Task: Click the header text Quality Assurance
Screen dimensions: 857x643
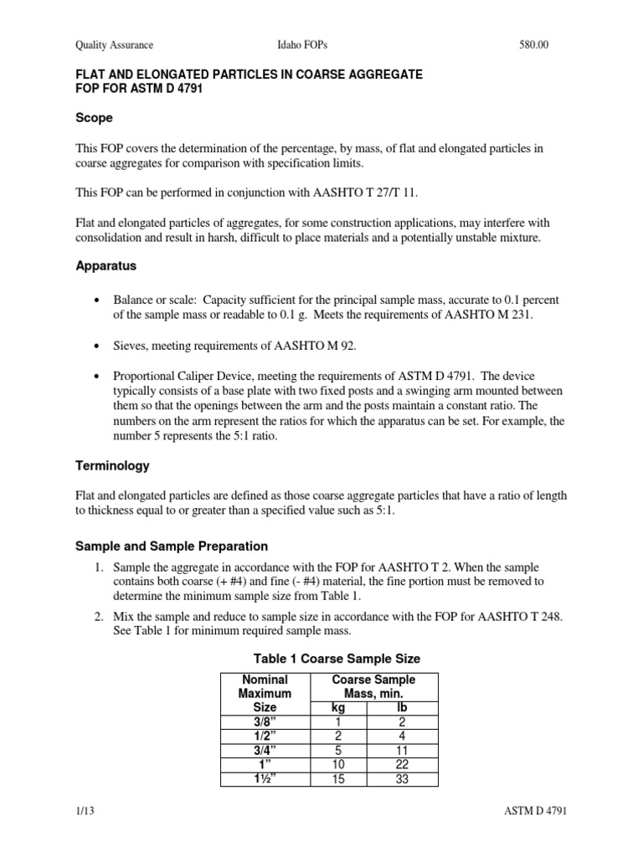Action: tap(114, 45)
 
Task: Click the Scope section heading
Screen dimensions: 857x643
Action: tap(94, 118)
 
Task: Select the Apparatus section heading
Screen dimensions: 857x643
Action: tap(107, 265)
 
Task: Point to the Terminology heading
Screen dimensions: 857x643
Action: tap(113, 465)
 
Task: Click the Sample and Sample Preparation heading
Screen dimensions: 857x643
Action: tap(172, 546)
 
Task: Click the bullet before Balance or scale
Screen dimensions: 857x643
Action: tap(100, 300)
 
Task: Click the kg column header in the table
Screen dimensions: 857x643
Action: tap(338, 707)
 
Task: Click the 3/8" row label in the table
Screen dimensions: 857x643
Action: tap(265, 722)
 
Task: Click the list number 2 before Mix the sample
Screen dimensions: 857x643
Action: tap(99, 617)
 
